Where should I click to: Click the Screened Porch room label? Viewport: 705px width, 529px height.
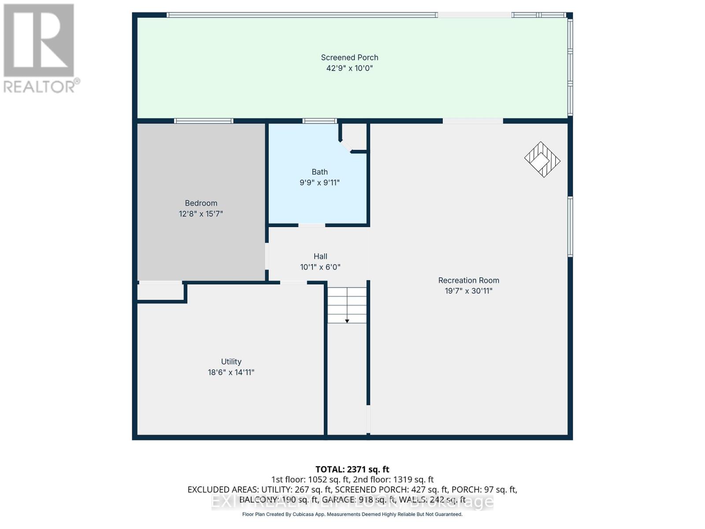(349, 57)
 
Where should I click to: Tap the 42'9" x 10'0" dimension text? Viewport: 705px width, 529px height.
(349, 68)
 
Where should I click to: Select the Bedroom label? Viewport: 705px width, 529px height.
(201, 203)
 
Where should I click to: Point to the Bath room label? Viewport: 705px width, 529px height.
(319, 172)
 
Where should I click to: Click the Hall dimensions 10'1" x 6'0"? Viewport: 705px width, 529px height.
(320, 267)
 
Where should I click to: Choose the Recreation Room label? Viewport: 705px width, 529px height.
(468, 280)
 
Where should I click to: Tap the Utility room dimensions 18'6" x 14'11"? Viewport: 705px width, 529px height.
(231, 373)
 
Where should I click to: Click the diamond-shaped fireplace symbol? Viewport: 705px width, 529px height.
(542, 160)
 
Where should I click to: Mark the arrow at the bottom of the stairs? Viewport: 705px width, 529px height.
(347, 320)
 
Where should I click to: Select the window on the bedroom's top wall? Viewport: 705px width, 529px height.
(204, 121)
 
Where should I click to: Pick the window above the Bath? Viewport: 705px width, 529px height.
(319, 121)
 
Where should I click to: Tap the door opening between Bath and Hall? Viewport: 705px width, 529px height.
(312, 225)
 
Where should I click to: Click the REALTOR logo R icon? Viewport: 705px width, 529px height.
(39, 41)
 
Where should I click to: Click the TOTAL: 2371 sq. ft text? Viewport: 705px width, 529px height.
(352, 469)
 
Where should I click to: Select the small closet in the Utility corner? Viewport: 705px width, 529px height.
(160, 292)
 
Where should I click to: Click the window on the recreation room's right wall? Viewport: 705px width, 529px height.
(570, 227)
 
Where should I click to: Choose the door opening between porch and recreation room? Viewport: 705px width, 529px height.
(473, 121)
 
